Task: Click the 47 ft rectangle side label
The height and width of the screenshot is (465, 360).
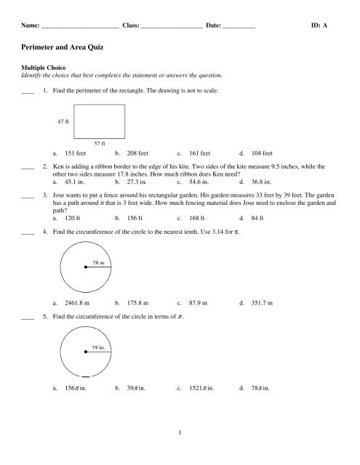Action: click(63, 121)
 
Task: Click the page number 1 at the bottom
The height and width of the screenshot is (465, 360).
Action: click(180, 453)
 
